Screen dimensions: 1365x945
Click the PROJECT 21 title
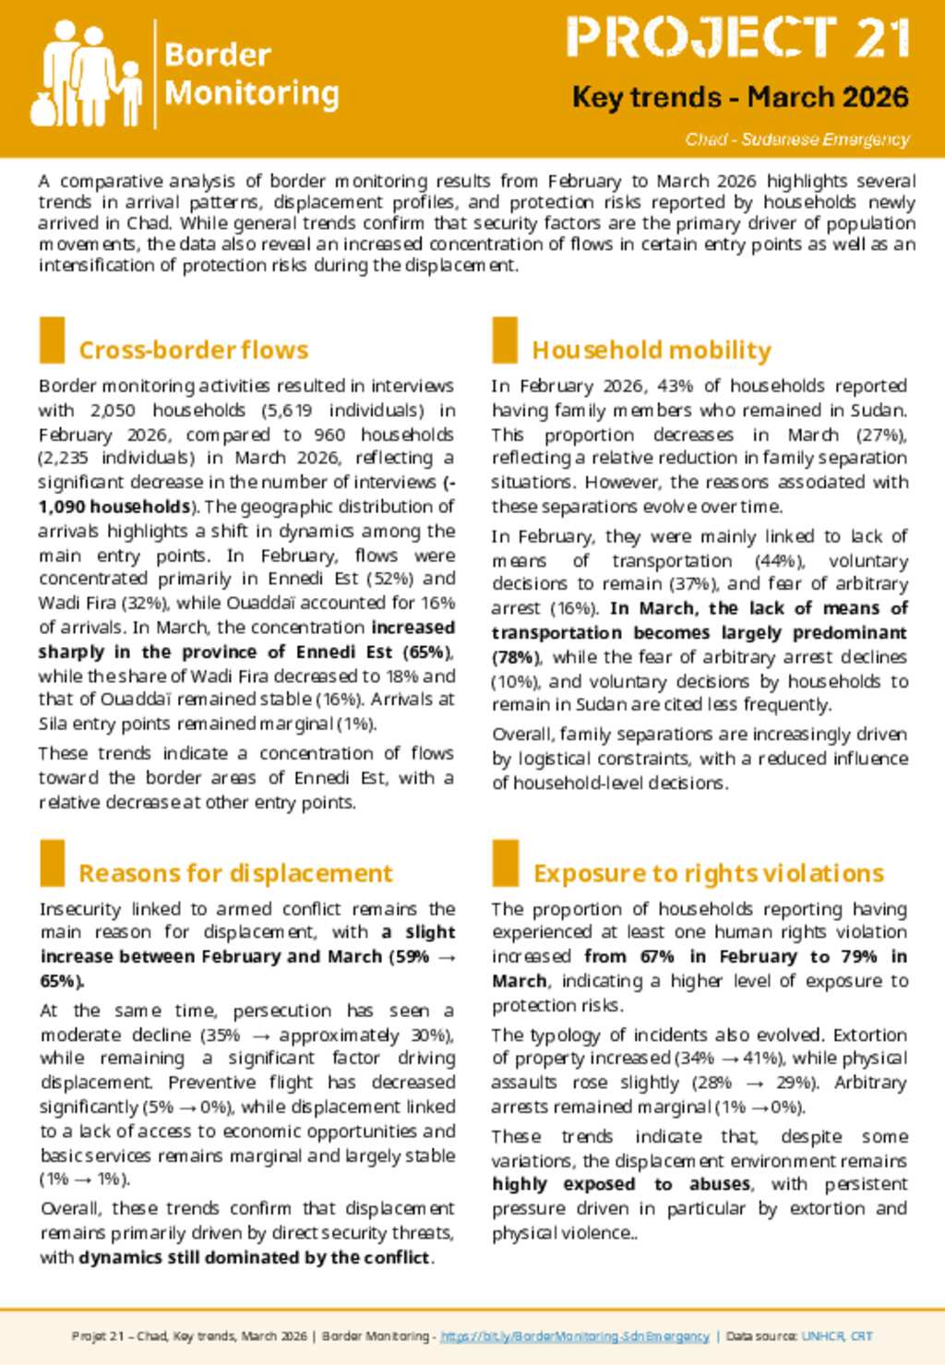click(738, 39)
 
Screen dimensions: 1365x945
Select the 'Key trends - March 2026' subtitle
click(740, 97)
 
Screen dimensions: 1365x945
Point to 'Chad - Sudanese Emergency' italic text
click(797, 139)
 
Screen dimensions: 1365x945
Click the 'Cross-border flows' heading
click(194, 351)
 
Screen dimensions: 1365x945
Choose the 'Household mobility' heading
click(652, 351)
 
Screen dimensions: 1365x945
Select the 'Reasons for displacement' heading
click(235, 873)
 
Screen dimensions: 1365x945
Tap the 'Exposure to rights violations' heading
click(709, 873)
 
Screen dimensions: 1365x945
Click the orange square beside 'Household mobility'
click(505, 340)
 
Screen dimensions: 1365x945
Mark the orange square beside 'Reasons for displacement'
click(53, 863)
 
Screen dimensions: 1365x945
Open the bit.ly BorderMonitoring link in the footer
click(575, 1336)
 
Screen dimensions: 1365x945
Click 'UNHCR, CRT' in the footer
click(837, 1336)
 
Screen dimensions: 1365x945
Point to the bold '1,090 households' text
click(114, 507)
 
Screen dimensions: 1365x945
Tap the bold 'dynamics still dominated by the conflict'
click(255, 1257)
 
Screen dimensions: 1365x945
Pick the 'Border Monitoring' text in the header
click(251, 74)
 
